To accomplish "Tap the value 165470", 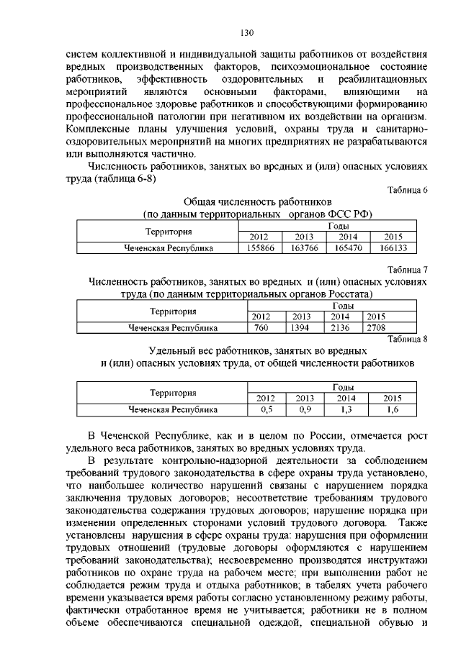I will (349, 247).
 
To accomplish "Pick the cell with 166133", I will (393, 247).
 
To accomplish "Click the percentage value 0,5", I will (265, 409).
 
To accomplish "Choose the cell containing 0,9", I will (305, 409).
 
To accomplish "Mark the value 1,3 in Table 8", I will (347, 409).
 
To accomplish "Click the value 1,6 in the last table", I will (393, 409).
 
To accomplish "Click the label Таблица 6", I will (408, 190).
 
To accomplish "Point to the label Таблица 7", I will (408, 270).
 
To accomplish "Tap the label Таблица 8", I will (408, 339).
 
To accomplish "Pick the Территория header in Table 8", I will (173, 393).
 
